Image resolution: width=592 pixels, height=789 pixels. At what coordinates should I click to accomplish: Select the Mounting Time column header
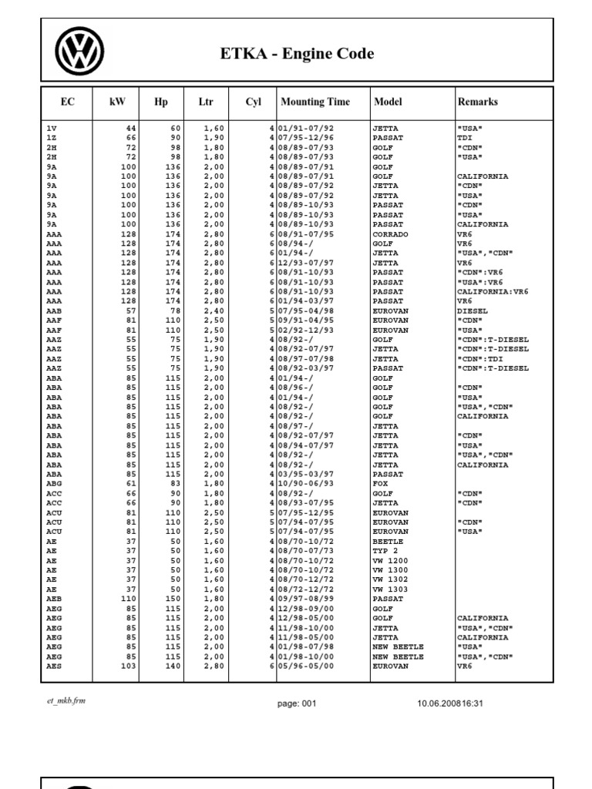click(314, 102)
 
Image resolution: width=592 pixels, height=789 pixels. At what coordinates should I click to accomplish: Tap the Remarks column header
click(477, 102)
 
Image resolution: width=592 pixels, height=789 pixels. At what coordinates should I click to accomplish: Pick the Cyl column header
click(254, 102)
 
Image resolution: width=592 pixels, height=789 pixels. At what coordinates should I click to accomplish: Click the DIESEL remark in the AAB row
click(472, 311)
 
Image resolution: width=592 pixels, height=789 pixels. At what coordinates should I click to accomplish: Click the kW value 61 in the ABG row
click(131, 483)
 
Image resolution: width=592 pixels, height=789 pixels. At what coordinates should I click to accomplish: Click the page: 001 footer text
click(296, 703)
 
